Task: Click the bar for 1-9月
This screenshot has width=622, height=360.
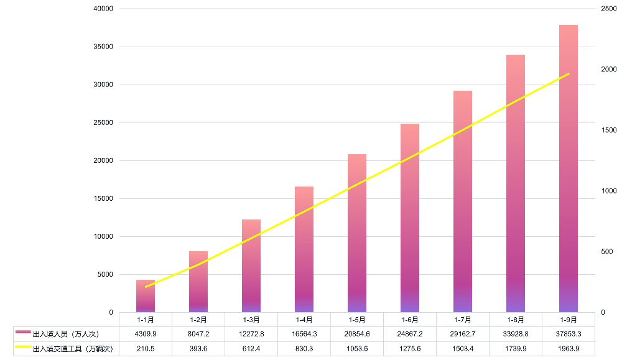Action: (x=569, y=168)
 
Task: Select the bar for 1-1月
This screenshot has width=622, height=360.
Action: (x=146, y=296)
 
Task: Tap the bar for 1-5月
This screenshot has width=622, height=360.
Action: (x=357, y=233)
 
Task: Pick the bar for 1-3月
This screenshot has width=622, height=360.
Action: (x=251, y=265)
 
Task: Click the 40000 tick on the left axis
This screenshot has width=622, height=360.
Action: (x=103, y=9)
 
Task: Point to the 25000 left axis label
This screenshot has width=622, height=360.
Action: (x=103, y=122)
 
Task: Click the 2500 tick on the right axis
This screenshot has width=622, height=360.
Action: (x=609, y=9)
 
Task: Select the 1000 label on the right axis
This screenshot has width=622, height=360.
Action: (x=609, y=191)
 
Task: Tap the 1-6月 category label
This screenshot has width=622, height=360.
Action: (x=410, y=320)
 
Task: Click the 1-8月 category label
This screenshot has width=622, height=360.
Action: (x=516, y=320)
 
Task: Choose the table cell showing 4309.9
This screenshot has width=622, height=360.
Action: (x=146, y=335)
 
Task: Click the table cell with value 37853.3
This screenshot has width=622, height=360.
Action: (x=569, y=335)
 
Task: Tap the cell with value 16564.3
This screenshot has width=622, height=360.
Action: (x=304, y=335)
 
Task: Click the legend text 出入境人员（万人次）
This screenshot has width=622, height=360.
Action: (x=66, y=335)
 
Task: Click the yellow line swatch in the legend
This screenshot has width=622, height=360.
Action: (x=23, y=348)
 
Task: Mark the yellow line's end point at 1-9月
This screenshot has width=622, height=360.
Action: (x=569, y=74)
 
